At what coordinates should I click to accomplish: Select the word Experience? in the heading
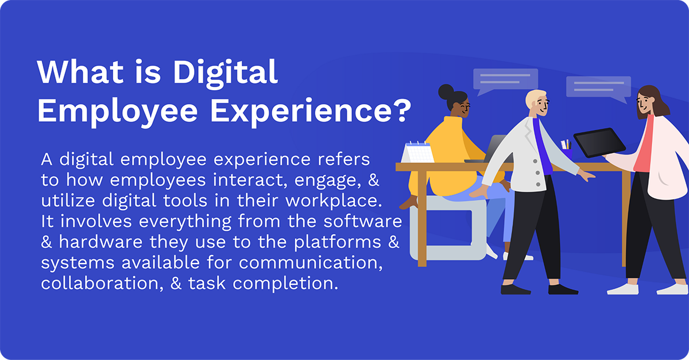coord(309,109)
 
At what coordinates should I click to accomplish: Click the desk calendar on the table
coord(418,152)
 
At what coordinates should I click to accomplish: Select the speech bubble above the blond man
coord(505,80)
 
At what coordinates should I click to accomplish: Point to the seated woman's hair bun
coord(446,91)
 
